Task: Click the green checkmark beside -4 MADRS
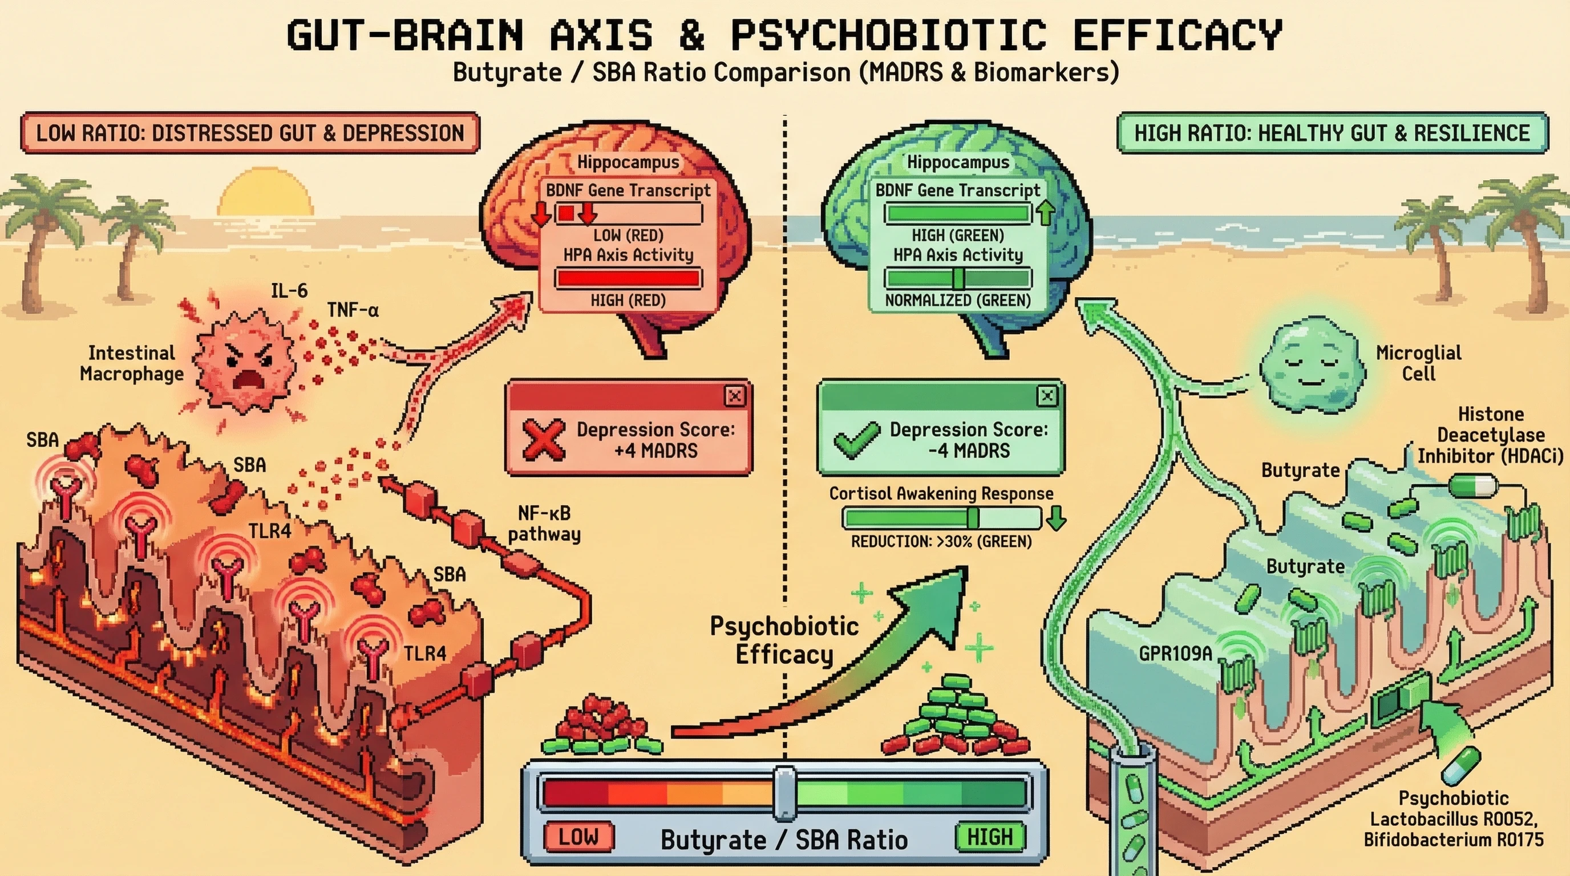(856, 440)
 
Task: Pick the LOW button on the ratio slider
(578, 837)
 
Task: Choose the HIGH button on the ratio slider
(990, 837)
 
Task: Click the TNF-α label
(353, 310)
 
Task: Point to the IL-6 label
(289, 291)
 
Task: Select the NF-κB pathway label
(544, 524)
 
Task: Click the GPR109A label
(1175, 654)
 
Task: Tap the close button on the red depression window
(735, 396)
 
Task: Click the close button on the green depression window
(1047, 396)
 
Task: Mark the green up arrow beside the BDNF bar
(1046, 213)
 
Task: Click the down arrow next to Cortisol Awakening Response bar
(1056, 520)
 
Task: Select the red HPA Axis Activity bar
(628, 278)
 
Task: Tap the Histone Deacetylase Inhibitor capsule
(1472, 486)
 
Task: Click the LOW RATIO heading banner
(250, 133)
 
